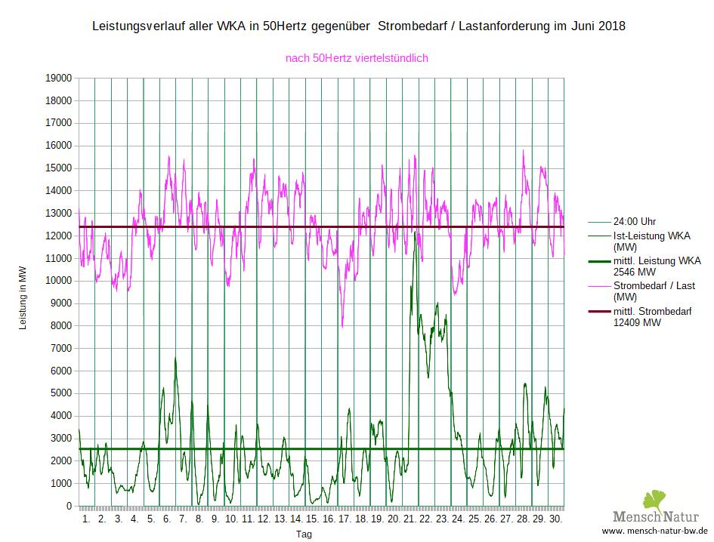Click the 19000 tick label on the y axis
pos(58,78)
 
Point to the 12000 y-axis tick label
pos(58,236)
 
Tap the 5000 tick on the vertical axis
pos(60,393)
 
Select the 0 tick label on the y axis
pos(69,506)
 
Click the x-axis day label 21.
pos(410,520)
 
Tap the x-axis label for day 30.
pos(555,520)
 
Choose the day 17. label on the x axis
pos(345,520)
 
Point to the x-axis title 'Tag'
pos(304,534)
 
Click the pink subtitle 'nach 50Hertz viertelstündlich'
pos(357,57)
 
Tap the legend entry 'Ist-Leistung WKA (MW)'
pos(651,241)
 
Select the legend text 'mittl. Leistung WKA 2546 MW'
pos(657,266)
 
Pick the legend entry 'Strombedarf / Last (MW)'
pos(654,291)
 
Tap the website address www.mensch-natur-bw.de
pos(655,531)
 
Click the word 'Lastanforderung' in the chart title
pos(488,26)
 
